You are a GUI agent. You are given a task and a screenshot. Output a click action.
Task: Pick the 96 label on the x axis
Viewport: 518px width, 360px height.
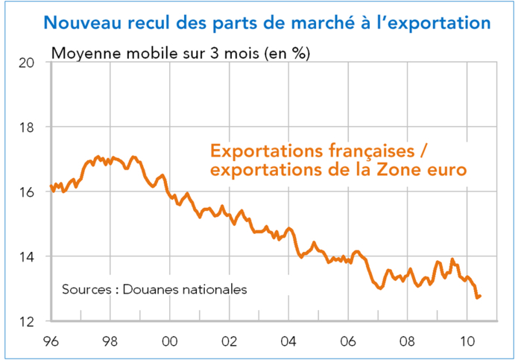(50, 341)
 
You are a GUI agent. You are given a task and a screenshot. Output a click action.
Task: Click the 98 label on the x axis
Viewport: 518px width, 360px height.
(110, 341)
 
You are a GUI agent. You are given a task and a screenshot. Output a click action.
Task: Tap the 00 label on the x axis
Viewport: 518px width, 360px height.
(169, 341)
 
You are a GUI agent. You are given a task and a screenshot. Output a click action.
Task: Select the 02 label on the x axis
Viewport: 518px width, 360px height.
(229, 341)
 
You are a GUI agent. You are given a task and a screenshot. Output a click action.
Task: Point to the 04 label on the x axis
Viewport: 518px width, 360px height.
(288, 341)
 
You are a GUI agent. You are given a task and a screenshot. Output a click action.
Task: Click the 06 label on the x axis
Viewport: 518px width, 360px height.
(348, 341)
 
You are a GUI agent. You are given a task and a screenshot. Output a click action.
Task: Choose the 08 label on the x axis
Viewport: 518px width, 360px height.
(408, 341)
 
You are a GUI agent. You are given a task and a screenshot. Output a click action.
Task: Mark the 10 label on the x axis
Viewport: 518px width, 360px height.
(467, 341)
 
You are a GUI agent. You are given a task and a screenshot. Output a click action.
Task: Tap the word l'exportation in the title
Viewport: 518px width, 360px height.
(432, 22)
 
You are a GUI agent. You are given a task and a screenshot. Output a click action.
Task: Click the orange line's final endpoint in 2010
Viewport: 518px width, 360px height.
(480, 296)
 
